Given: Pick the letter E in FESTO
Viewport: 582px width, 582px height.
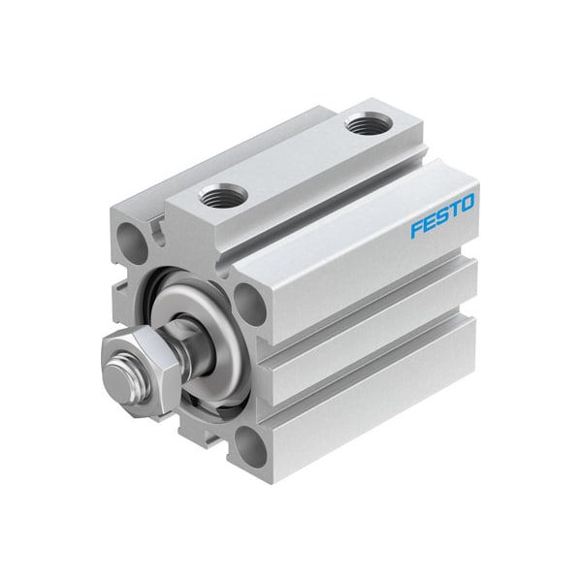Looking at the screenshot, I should [429, 223].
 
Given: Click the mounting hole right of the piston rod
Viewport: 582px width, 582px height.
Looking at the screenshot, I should [248, 304].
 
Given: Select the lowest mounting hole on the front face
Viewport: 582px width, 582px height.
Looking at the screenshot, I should [251, 448].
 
